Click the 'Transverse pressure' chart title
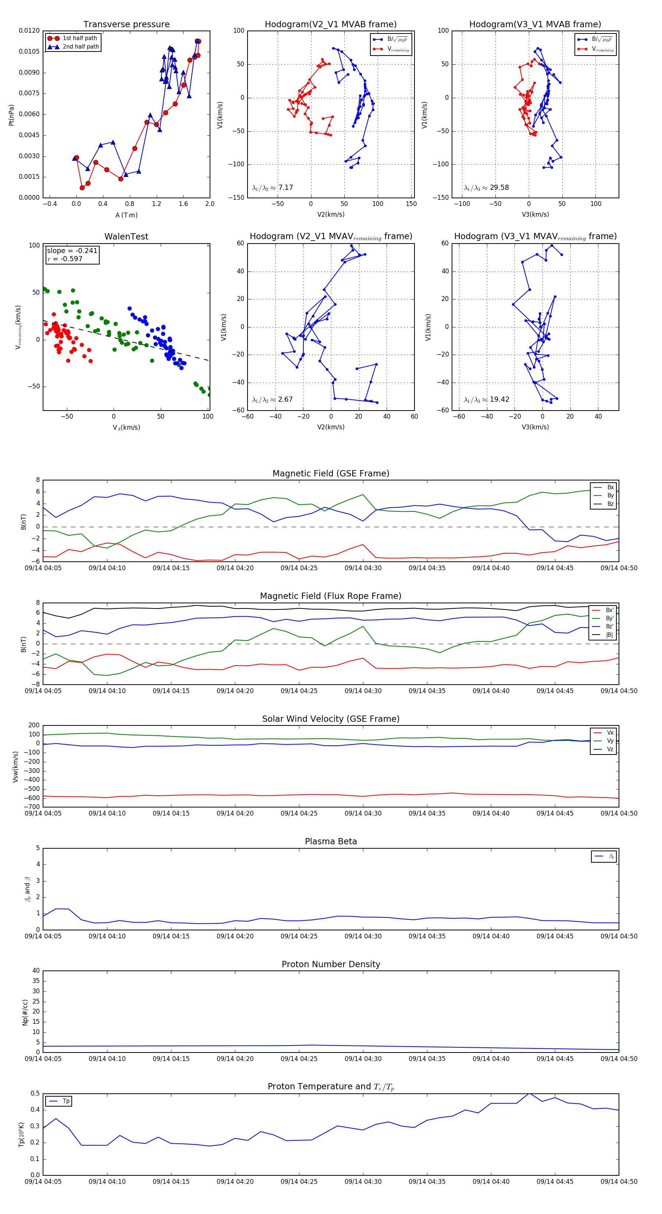tap(126, 25)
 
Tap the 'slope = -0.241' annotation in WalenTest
tap(72, 251)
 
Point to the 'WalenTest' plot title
tap(126, 237)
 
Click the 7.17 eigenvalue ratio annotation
tap(273, 188)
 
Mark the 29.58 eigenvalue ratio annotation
tap(486, 188)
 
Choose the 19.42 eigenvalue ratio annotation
tap(486, 400)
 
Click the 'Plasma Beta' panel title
tap(331, 841)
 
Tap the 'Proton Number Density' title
tap(331, 964)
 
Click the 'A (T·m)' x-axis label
tap(126, 215)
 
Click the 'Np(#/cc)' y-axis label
tap(25, 1012)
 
